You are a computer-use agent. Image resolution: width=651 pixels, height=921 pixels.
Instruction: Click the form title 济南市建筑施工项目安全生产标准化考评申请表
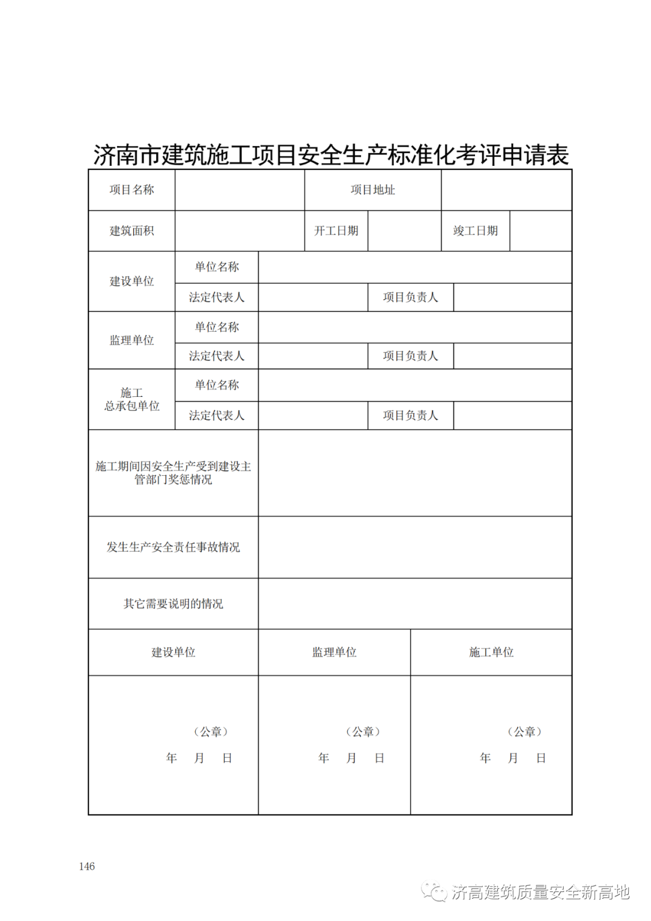331,155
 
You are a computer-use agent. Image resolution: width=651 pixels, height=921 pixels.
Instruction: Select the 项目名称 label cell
131,190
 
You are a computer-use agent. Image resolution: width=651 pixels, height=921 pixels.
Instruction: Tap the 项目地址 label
373,190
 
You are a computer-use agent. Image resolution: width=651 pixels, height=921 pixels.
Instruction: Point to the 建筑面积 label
131,231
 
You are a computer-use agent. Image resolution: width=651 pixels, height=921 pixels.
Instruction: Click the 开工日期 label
336,231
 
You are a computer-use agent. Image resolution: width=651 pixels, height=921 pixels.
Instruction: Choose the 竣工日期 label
475,231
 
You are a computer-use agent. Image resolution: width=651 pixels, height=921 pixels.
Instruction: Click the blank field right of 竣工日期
541,231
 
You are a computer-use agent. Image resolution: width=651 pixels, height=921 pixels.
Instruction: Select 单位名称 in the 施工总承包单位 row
216,385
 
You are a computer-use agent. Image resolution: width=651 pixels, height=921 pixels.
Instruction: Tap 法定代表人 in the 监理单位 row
216,356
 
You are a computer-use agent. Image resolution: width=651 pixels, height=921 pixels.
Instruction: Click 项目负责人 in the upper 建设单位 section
410,297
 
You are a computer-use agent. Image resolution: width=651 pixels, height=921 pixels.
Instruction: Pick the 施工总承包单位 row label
131,399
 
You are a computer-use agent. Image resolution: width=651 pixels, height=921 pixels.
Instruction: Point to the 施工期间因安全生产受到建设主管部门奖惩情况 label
173,473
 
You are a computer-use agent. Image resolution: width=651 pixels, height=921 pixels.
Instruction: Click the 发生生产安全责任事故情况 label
173,547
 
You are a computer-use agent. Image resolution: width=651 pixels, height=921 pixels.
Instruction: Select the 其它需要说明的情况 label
173,604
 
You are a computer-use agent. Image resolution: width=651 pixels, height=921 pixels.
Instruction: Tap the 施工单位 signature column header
491,652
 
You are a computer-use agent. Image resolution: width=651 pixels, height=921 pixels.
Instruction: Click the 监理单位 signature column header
334,652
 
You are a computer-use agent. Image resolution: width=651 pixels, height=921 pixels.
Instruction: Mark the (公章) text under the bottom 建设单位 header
210,732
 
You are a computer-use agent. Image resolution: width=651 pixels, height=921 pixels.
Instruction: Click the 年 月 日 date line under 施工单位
512,758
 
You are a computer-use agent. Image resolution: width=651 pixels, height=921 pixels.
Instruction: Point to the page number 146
87,866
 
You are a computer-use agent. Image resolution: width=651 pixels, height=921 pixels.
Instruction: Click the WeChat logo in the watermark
433,891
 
